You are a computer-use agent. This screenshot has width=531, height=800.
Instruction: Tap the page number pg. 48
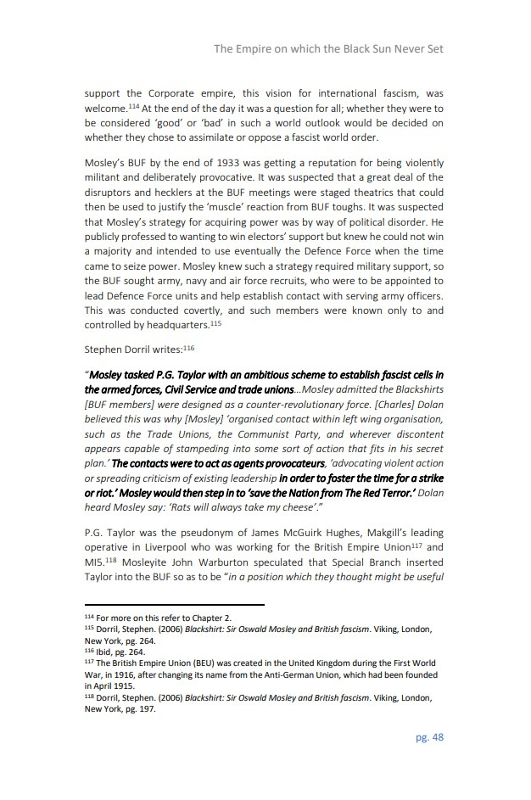pyautogui.click(x=429, y=737)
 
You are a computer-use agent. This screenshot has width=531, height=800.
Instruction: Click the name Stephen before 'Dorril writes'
pyautogui.click(x=105, y=349)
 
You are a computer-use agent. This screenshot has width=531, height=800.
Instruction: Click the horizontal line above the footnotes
pyautogui.click(x=175, y=605)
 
